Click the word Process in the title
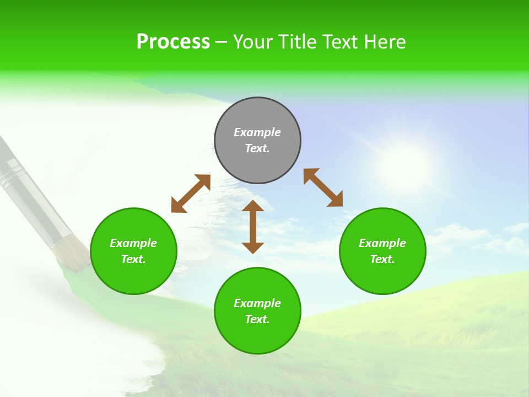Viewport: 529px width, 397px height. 173,42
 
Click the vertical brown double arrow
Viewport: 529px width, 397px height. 253,227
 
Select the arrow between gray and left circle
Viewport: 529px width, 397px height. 191,194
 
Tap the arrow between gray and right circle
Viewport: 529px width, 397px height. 323,187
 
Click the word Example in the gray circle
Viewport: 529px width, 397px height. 257,132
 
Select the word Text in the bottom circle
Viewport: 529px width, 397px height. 257,319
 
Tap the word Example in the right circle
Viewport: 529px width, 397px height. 382,243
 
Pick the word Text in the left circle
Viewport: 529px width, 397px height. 133,259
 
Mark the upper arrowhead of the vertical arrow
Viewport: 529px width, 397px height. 253,206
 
